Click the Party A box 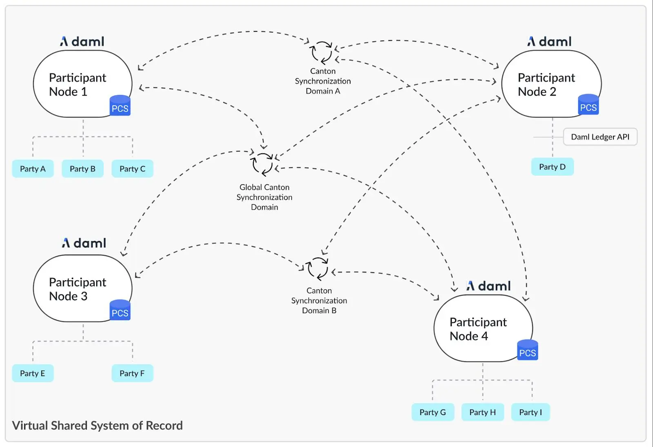point(33,169)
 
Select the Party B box point(82,169)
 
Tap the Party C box point(132,169)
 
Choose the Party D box point(553,167)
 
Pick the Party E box point(33,373)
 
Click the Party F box point(132,373)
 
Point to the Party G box point(433,412)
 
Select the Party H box point(483,412)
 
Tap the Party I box point(531,412)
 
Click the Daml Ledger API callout point(600,136)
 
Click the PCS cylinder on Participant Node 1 point(120,105)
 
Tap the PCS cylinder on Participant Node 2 point(588,104)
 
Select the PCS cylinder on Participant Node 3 point(120,310)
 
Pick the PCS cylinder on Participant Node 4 point(527,350)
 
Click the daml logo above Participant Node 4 point(489,286)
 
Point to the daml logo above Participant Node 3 point(84,243)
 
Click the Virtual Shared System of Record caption point(98,425)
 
